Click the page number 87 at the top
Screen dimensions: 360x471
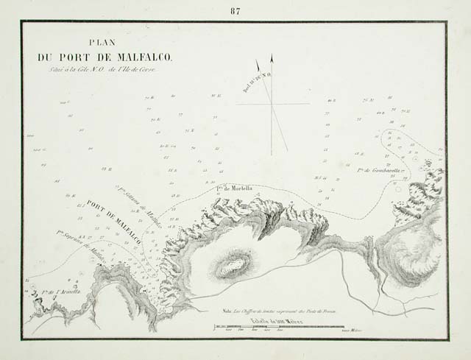[x=235, y=10]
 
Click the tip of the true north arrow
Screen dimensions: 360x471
[x=272, y=55]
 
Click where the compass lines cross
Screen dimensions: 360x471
[x=273, y=105]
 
